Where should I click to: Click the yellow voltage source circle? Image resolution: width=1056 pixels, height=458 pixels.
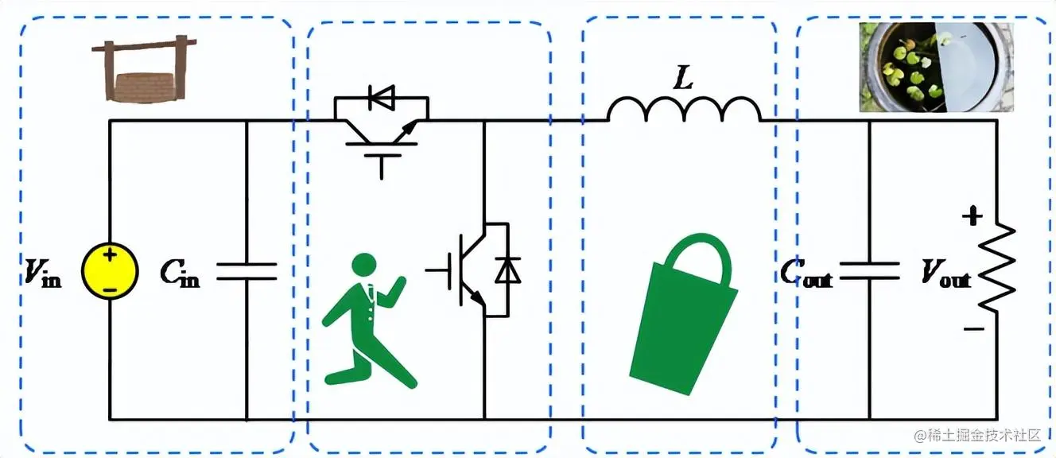[110, 271]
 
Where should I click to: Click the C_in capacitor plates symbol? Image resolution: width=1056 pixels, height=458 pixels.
[247, 271]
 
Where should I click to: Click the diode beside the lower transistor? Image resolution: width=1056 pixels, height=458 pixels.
[507, 270]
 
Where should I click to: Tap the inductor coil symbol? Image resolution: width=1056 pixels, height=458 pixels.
[684, 110]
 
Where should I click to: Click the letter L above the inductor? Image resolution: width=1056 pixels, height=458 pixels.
[682, 78]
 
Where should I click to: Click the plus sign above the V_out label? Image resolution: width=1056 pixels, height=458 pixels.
[972, 216]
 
